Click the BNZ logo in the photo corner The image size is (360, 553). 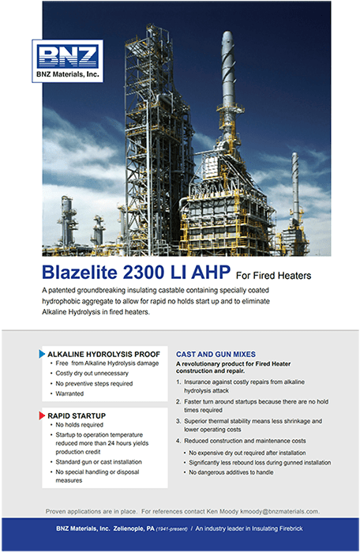point(67,61)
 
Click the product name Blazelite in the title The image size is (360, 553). point(79,273)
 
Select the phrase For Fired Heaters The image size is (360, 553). point(274,276)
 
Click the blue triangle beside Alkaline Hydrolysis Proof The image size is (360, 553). point(42,354)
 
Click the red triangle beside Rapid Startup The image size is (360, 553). point(42,416)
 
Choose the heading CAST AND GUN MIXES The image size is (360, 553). point(216,354)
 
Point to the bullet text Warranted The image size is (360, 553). point(69,393)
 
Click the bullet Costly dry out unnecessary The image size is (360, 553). point(92,373)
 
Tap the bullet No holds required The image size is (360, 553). point(79,425)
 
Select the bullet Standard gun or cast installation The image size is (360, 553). point(99,461)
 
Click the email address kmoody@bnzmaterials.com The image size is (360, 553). point(279,511)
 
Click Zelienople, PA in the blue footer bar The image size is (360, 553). point(134,529)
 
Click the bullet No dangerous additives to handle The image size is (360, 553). point(231,472)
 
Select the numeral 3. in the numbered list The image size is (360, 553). point(178,421)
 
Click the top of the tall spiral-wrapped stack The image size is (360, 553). point(227,32)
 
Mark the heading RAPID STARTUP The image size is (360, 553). point(77,416)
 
